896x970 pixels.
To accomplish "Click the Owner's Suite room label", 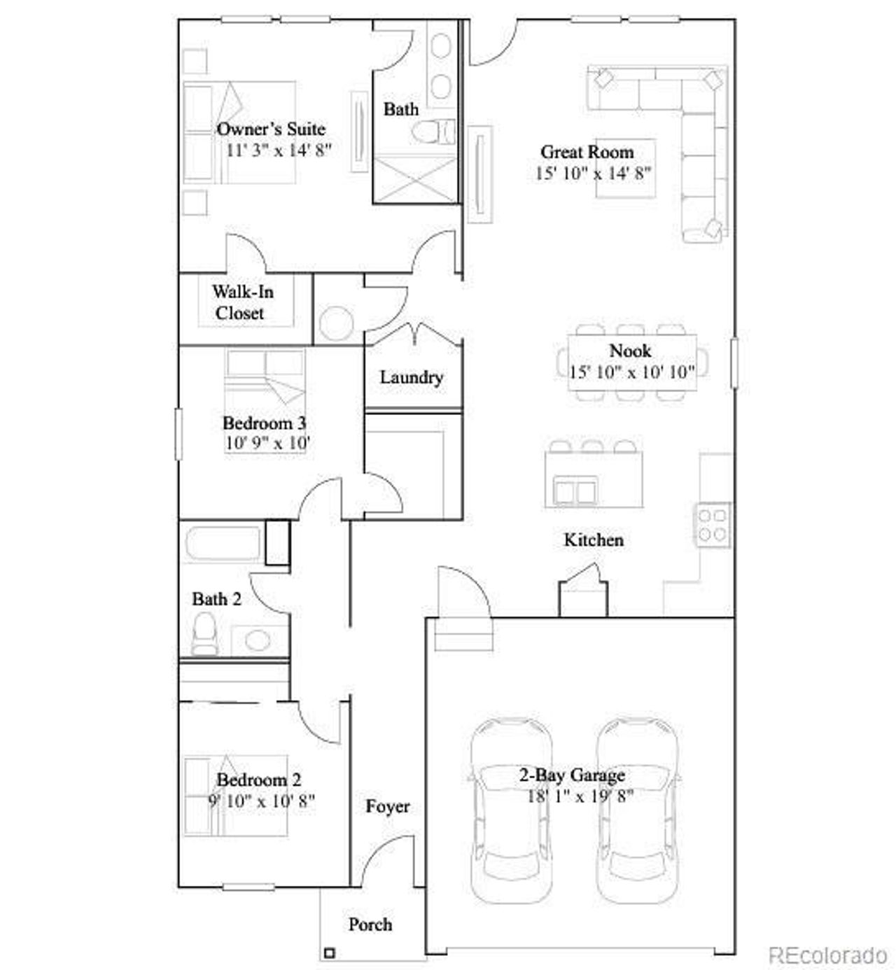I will pos(271,129).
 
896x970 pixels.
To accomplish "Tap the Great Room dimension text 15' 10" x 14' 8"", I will pos(593,173).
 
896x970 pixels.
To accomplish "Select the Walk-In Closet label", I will pos(242,302).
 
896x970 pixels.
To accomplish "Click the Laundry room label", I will pos(412,377).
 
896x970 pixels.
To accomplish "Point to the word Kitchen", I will pos(594,540).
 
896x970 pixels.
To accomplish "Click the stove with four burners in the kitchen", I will pos(712,525).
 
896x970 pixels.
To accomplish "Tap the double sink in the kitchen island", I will pos(575,490).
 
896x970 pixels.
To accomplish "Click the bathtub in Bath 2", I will pos(223,542).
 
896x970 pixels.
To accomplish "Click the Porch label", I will pos(370,925).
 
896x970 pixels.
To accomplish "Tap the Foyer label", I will pos(388,806).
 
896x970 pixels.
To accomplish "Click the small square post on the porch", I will pos(329,953).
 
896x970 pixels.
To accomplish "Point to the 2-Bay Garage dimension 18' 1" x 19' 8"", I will pos(580,796).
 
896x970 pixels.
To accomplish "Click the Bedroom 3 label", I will pos(264,423).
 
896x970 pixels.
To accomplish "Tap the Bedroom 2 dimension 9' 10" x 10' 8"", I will pos(262,800).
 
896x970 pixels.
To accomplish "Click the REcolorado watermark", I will pos(828,955).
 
